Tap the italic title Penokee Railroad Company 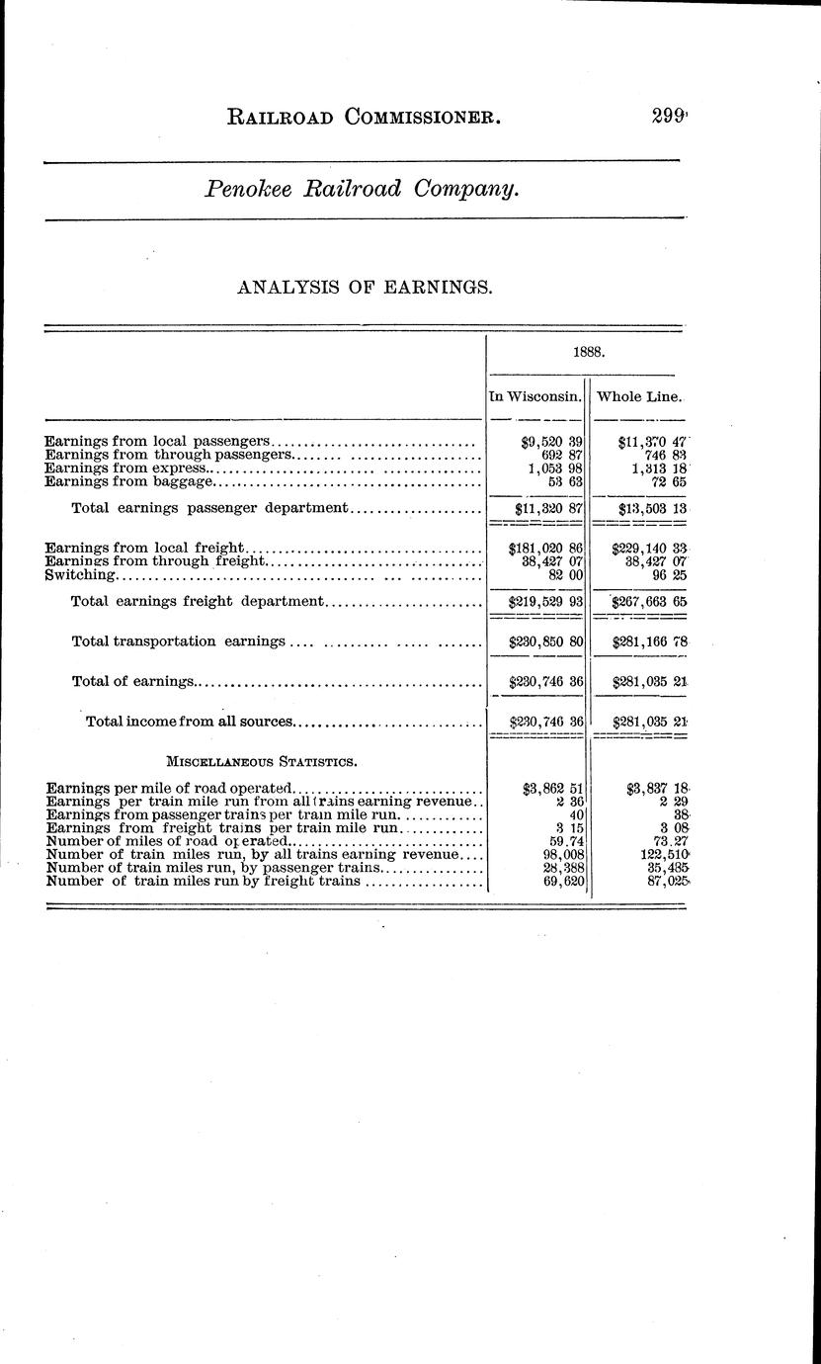(x=362, y=189)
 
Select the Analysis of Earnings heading (x=364, y=288)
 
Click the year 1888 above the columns (x=589, y=351)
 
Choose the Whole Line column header (x=637, y=396)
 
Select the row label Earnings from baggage (x=129, y=482)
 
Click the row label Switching (x=81, y=574)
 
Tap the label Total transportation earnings (x=179, y=641)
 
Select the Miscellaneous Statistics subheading (x=262, y=762)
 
